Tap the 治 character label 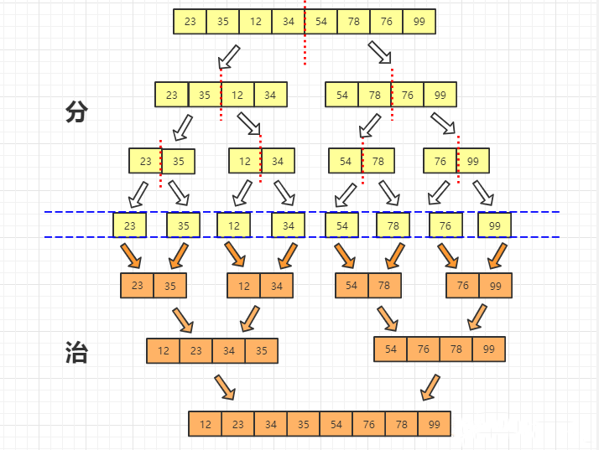[76, 353]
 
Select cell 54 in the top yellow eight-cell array [320, 21]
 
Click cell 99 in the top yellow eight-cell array [419, 21]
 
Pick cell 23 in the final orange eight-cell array [238, 424]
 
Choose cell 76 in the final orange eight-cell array [369, 424]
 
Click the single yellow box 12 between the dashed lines [234, 225]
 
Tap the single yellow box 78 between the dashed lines [393, 225]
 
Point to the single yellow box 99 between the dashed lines [494, 225]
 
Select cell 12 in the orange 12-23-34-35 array [163, 350]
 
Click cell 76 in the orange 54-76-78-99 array [424, 349]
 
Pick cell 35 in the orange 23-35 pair [170, 286]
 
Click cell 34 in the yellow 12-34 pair [278, 161]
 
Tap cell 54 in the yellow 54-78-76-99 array [342, 95]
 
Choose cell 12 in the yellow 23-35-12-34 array [237, 95]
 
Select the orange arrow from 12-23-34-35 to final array [225, 387]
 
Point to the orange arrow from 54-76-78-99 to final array [430, 387]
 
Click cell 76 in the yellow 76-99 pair [440, 161]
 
